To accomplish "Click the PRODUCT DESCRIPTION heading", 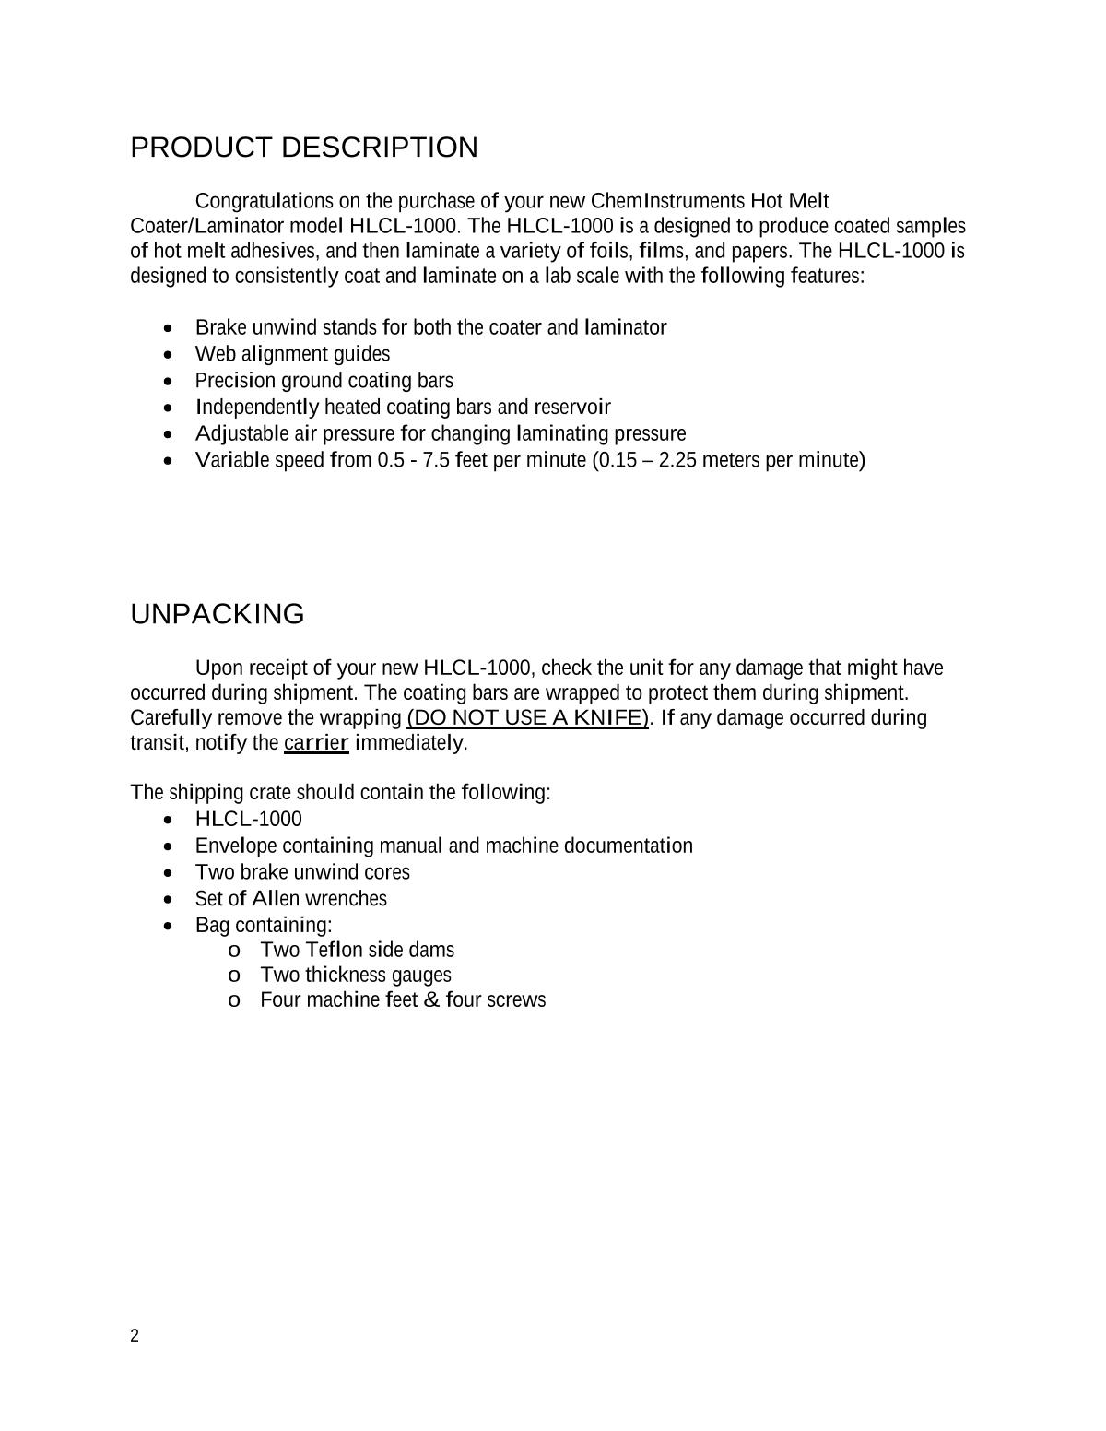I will click(x=304, y=148).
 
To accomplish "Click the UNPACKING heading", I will click(x=218, y=614).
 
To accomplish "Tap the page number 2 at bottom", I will click(x=135, y=1336).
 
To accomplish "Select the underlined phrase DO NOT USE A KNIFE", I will click(x=528, y=717).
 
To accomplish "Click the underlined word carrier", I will click(x=316, y=742).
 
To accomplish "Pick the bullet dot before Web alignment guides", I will click(x=167, y=355).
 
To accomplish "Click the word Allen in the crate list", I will click(x=275, y=899).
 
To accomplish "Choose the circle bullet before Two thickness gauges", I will click(x=234, y=976).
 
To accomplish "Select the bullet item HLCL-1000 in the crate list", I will click(x=248, y=820).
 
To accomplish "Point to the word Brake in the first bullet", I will click(x=221, y=327).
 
